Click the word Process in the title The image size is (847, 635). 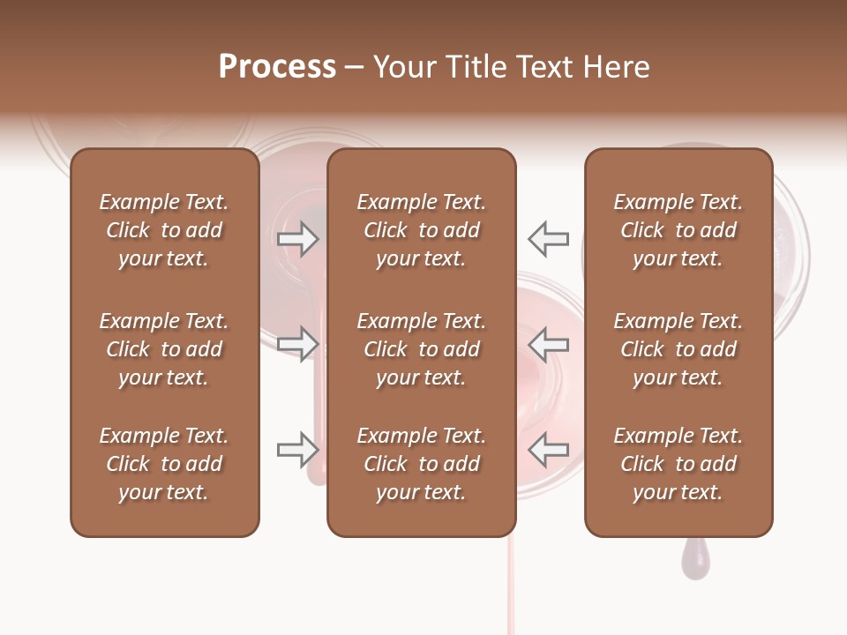tap(277, 67)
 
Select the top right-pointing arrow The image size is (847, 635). tap(297, 238)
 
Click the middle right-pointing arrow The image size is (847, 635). tap(297, 343)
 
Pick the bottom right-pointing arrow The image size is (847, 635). tap(297, 449)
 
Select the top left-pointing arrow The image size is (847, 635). tap(549, 238)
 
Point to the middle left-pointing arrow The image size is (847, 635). tap(549, 343)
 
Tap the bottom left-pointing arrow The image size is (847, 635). tap(549, 449)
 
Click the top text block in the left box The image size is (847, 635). tap(164, 230)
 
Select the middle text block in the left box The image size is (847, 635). tap(164, 349)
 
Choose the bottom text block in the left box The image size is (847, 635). tap(164, 464)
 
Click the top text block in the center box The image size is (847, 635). tap(421, 230)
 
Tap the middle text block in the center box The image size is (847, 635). tap(421, 349)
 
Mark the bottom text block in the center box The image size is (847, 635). tap(421, 464)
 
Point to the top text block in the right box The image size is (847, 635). tap(678, 230)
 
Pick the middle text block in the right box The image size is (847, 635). tap(678, 349)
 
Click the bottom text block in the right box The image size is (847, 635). tap(678, 464)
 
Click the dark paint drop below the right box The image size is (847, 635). tap(694, 561)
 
